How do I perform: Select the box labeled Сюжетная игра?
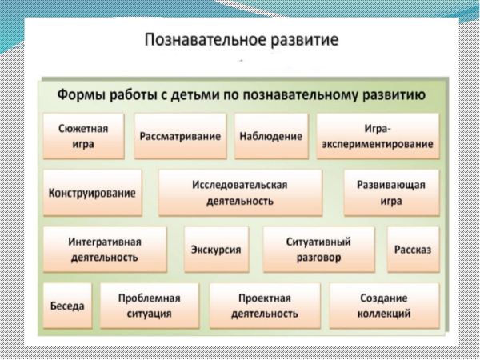pos(83,136)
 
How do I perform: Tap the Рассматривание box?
pos(179,136)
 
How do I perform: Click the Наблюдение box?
pos(270,136)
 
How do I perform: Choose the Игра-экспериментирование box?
pos(378,136)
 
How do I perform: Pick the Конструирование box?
pos(92,193)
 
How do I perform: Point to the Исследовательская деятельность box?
pos(239,193)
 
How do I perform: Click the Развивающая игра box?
pos(391,193)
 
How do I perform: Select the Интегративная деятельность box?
pos(104,249)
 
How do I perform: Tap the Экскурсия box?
pos(216,249)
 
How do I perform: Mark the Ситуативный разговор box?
pos(318,249)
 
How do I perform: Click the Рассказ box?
pos(413,250)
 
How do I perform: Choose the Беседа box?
pos(66,306)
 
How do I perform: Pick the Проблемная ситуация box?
pos(149,306)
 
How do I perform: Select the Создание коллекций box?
pos(383,306)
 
